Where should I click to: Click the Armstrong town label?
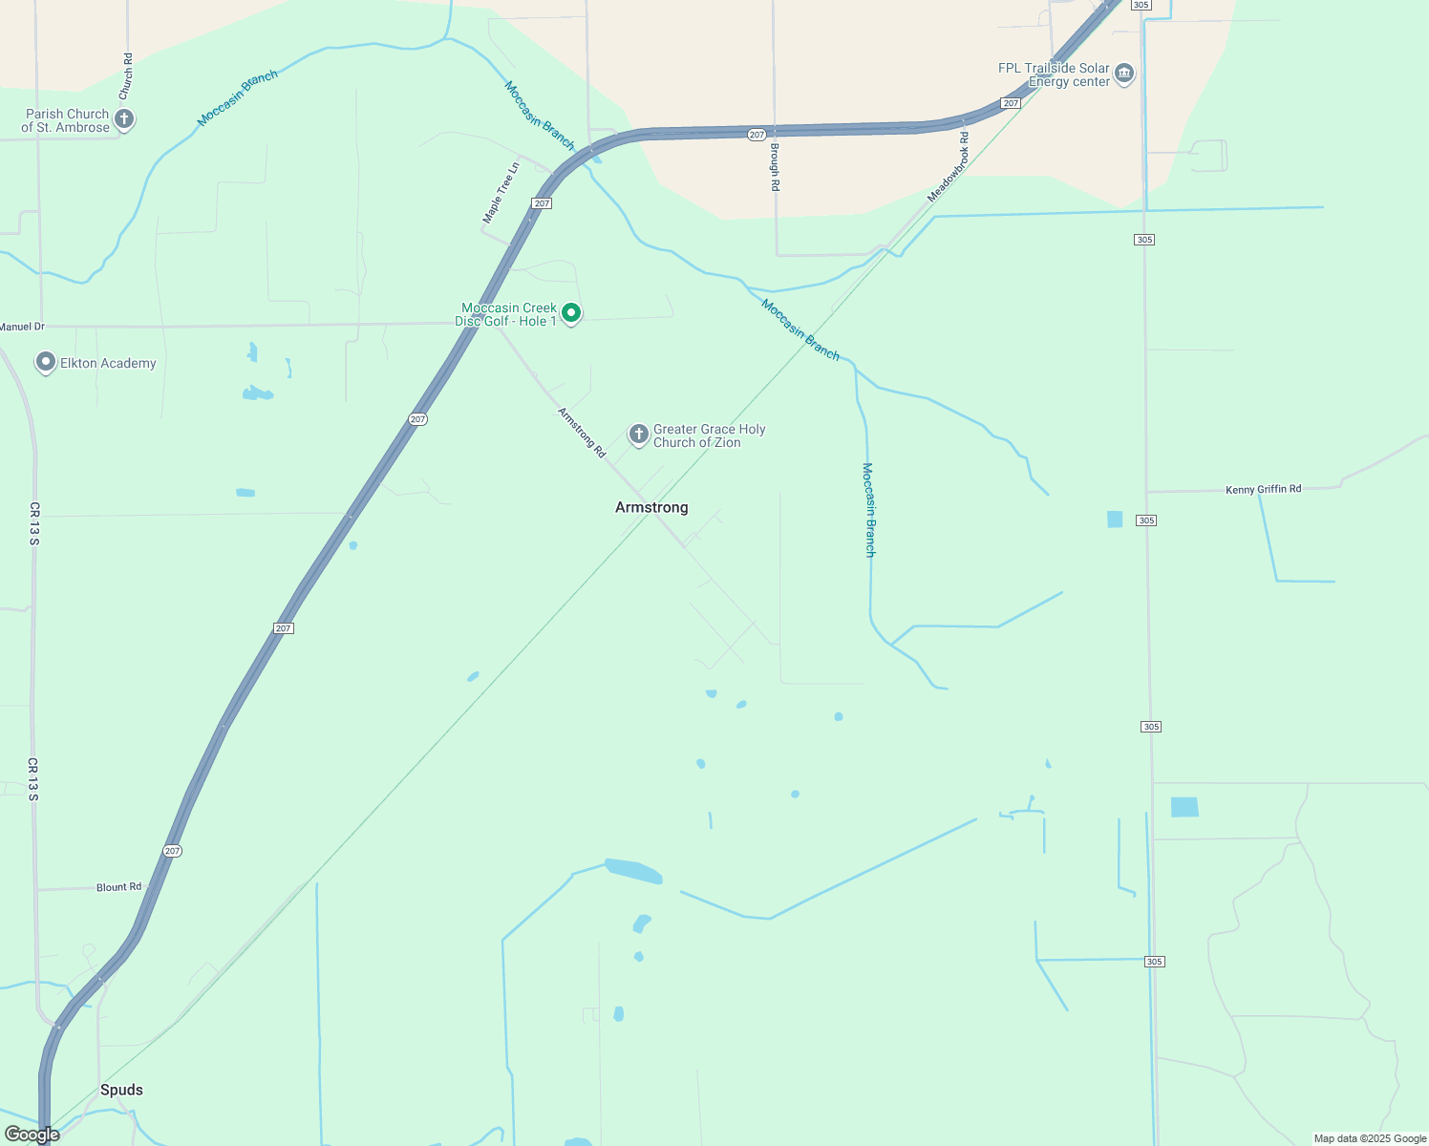click(651, 507)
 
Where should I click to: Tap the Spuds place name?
click(121, 1090)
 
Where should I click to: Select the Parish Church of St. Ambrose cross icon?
click(123, 119)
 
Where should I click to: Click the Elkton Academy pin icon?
click(45, 363)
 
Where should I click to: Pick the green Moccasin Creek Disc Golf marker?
click(571, 313)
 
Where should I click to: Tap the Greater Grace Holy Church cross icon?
click(639, 435)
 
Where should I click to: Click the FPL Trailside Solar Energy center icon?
click(1124, 74)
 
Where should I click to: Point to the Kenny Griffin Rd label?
click(1263, 490)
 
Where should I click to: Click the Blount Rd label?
click(118, 887)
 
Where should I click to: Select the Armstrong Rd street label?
click(582, 433)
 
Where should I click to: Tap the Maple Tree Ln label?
click(501, 193)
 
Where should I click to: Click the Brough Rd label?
click(775, 167)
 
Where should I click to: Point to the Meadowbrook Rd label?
click(948, 174)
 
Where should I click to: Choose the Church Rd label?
click(126, 76)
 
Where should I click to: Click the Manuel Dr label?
click(22, 327)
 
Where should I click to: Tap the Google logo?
click(32, 1135)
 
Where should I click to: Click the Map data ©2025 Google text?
click(1370, 1138)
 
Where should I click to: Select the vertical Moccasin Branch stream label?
click(868, 509)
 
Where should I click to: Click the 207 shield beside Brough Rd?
click(757, 135)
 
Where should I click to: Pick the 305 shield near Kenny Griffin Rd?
click(1146, 520)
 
